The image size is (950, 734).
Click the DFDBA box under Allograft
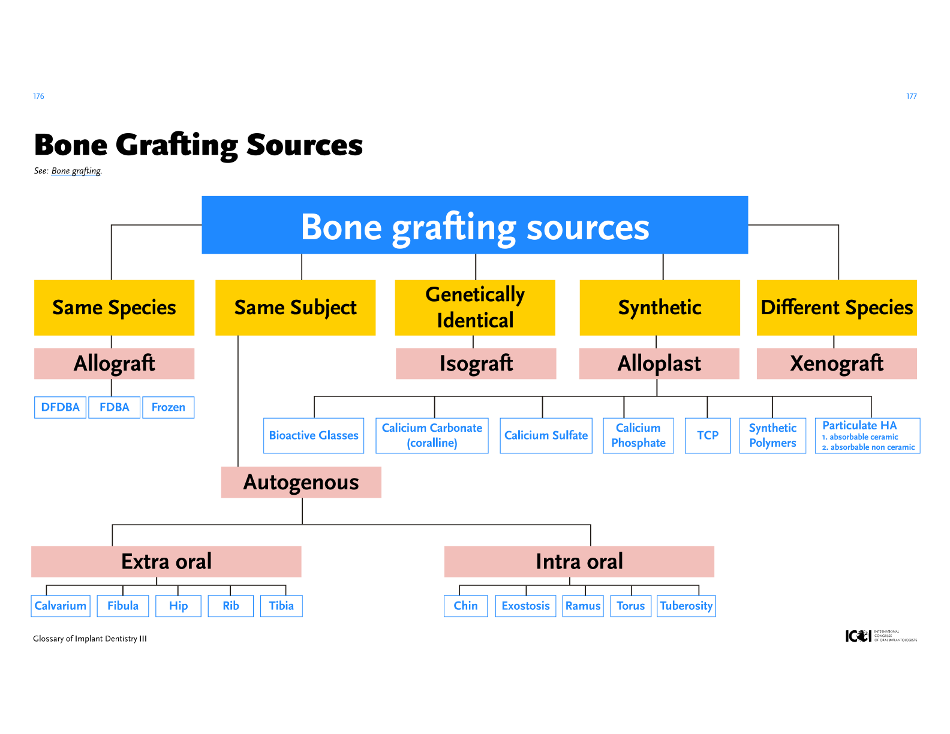[x=60, y=407]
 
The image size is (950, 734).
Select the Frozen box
[x=168, y=407]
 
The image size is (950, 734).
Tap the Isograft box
[x=476, y=363]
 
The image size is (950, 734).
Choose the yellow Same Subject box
[x=295, y=308]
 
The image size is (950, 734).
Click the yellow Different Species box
[x=837, y=308]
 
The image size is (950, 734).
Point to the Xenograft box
[x=837, y=363]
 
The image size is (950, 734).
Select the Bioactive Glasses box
[x=314, y=435]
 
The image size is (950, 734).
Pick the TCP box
[x=708, y=435]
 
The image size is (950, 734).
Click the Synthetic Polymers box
[x=772, y=435]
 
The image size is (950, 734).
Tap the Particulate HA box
[x=867, y=435]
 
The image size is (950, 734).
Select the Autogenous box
[x=301, y=482]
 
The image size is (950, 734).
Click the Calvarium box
[x=61, y=606]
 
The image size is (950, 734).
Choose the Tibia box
[x=281, y=606]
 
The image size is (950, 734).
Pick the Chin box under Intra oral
[x=465, y=606]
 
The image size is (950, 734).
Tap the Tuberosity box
[x=686, y=606]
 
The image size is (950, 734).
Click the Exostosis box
[x=525, y=606]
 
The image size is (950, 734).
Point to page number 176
[x=38, y=97]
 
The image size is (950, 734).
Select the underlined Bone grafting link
[x=76, y=171]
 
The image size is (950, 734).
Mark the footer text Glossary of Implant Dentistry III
[x=90, y=639]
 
